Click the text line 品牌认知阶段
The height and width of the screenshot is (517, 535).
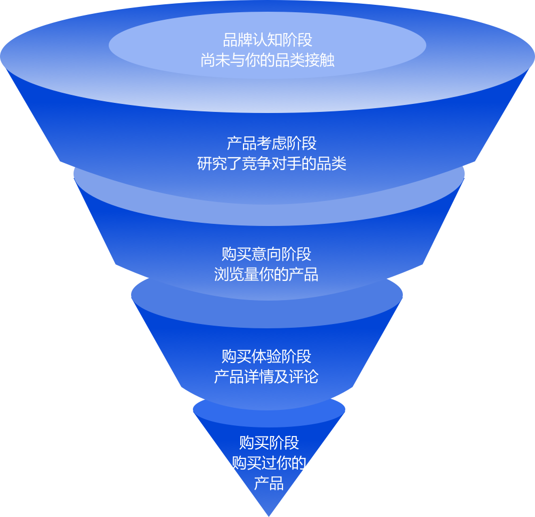point(267,40)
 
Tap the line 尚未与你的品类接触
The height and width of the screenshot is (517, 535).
point(267,60)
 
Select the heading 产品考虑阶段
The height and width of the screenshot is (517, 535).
point(272,143)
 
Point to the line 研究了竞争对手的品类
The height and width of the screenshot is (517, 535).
point(272,163)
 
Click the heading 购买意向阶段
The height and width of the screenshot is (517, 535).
point(266,253)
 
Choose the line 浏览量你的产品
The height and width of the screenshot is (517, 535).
point(266,274)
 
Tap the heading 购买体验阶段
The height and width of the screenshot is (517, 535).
point(266,356)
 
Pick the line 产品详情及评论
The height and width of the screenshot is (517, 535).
point(266,376)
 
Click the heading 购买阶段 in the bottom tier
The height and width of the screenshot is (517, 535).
point(269,442)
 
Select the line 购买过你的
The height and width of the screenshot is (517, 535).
point(269,463)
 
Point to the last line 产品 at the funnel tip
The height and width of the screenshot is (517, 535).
point(269,484)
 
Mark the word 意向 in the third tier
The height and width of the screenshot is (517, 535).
point(266,253)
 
